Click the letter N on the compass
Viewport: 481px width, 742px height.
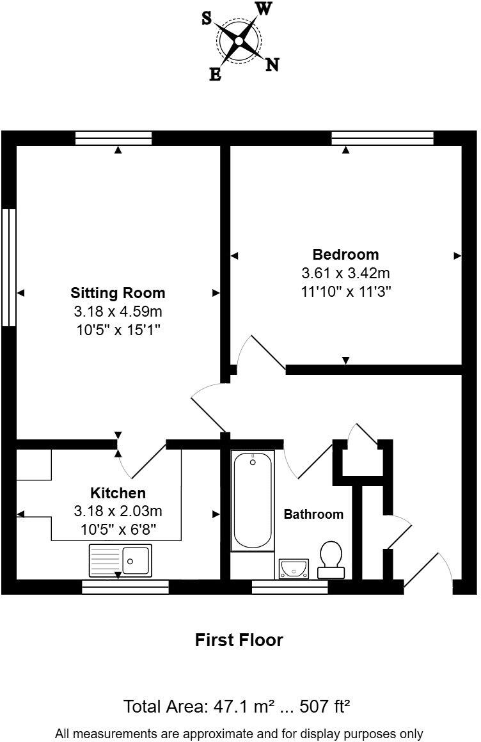tap(272, 64)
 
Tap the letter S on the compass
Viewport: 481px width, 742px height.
tap(207, 19)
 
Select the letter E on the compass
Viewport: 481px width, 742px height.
tap(216, 75)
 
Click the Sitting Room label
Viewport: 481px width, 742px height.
tap(118, 293)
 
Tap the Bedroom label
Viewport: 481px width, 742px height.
tap(345, 254)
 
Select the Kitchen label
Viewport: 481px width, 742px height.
tap(118, 493)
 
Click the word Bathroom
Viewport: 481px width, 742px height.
tap(313, 514)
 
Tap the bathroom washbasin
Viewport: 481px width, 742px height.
tap(294, 567)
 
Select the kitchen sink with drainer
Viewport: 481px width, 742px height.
tap(121, 560)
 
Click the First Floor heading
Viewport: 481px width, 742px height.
tap(239, 640)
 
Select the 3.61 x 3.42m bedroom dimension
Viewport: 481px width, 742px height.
tap(345, 273)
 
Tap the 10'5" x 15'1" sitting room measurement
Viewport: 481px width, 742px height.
tap(118, 330)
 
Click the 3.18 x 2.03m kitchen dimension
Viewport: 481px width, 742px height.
tap(118, 512)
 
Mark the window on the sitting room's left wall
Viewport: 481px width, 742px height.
tap(8, 267)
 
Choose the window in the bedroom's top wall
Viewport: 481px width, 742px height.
tap(382, 138)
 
